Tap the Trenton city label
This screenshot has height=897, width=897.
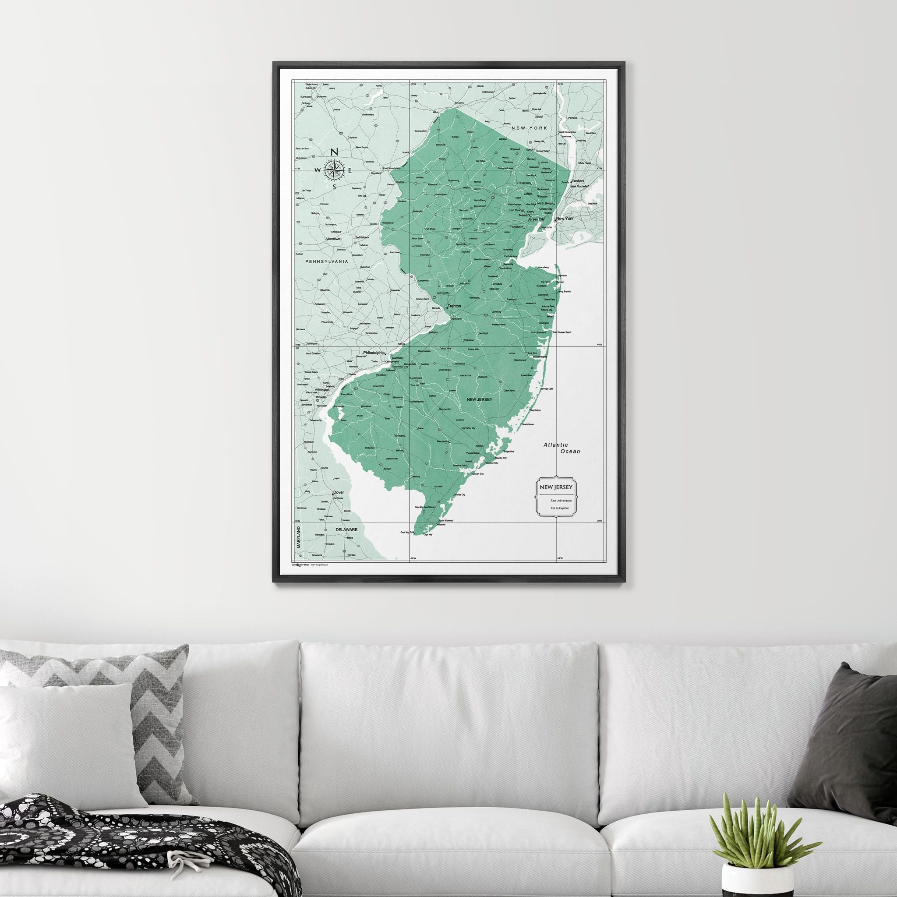[454, 307]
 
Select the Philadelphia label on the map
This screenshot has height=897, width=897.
[374, 353]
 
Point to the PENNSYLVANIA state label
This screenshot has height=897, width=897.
[326, 262]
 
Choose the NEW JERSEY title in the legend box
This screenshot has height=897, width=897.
[555, 487]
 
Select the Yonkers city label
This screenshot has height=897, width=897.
[578, 181]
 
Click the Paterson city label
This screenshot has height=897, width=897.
[523, 184]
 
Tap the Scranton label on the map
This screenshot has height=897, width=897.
[306, 96]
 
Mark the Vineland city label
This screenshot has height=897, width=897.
[399, 436]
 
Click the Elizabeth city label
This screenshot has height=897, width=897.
[516, 227]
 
